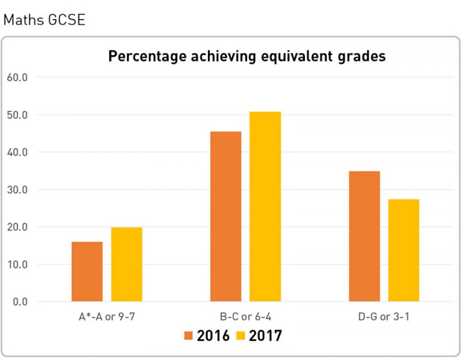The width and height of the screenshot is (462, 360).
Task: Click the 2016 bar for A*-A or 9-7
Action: pos(87,272)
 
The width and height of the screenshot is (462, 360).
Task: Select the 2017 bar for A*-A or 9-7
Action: pos(127,264)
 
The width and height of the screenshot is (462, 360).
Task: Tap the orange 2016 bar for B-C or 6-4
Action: pos(225,217)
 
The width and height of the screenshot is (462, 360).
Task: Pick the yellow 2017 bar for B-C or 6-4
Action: pos(265,207)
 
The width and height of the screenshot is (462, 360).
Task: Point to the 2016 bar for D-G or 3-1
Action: pos(364,237)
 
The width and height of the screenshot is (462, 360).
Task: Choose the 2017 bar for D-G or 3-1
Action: pos(404,250)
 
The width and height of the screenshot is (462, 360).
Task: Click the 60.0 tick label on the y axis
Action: pos(18,77)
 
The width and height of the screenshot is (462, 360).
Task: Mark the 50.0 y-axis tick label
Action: pos(18,115)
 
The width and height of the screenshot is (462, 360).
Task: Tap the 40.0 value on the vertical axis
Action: pos(18,152)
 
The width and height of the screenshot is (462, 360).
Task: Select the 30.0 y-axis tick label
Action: pos(18,189)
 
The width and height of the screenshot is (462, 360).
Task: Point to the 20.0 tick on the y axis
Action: pos(18,227)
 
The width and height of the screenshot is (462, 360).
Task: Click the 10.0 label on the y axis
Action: pos(18,264)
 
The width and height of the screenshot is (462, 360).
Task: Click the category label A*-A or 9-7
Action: pos(107,317)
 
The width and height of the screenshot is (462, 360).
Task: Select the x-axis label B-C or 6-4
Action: pos(245,317)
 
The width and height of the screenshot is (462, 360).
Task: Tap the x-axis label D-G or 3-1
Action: pos(384,317)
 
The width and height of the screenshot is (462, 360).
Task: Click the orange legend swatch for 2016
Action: pos(189,336)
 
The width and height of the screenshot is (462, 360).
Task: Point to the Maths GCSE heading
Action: pos(44,21)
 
